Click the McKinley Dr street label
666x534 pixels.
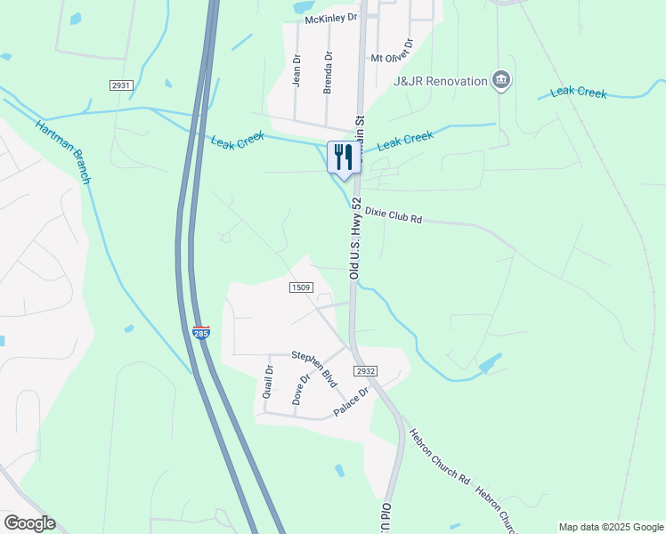330,18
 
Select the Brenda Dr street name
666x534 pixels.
328,72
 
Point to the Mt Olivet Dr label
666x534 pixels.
393,52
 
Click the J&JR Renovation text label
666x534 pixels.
441,81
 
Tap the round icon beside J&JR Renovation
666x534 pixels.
501,81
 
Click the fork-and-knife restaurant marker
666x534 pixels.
342,158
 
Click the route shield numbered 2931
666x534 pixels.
121,85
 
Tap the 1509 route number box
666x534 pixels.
301,287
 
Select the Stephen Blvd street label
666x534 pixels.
316,367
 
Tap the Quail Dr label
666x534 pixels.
268,381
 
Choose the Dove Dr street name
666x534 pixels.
302,389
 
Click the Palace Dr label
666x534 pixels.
351,403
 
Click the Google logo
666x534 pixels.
29,523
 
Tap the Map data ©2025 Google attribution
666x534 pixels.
610,527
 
